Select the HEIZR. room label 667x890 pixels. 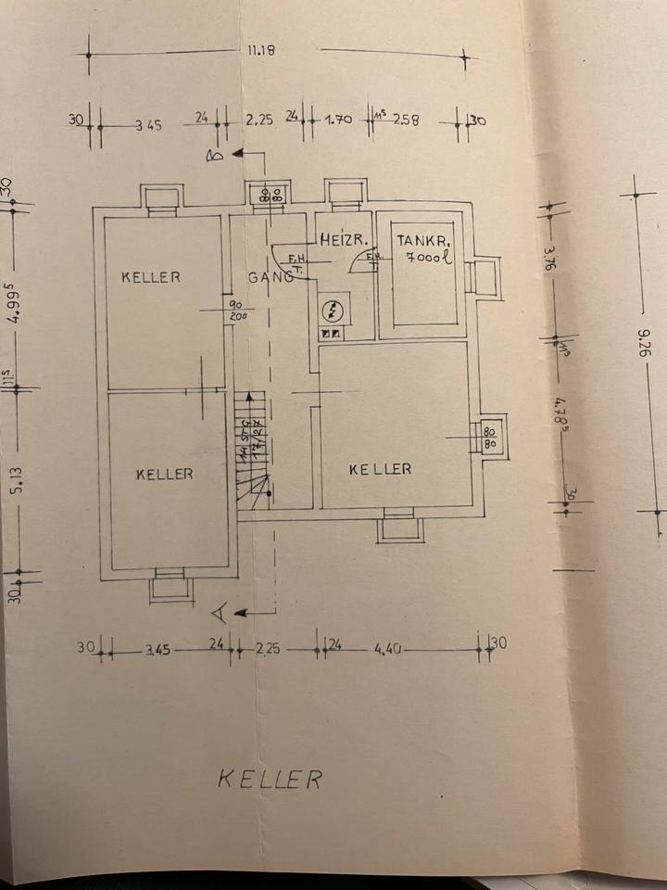click(340, 239)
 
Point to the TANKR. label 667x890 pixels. click(422, 239)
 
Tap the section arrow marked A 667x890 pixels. click(220, 611)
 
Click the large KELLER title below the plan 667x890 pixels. click(270, 778)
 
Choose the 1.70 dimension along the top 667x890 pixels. click(338, 120)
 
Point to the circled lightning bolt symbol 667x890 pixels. click(331, 310)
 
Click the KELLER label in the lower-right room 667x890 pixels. click(380, 469)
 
